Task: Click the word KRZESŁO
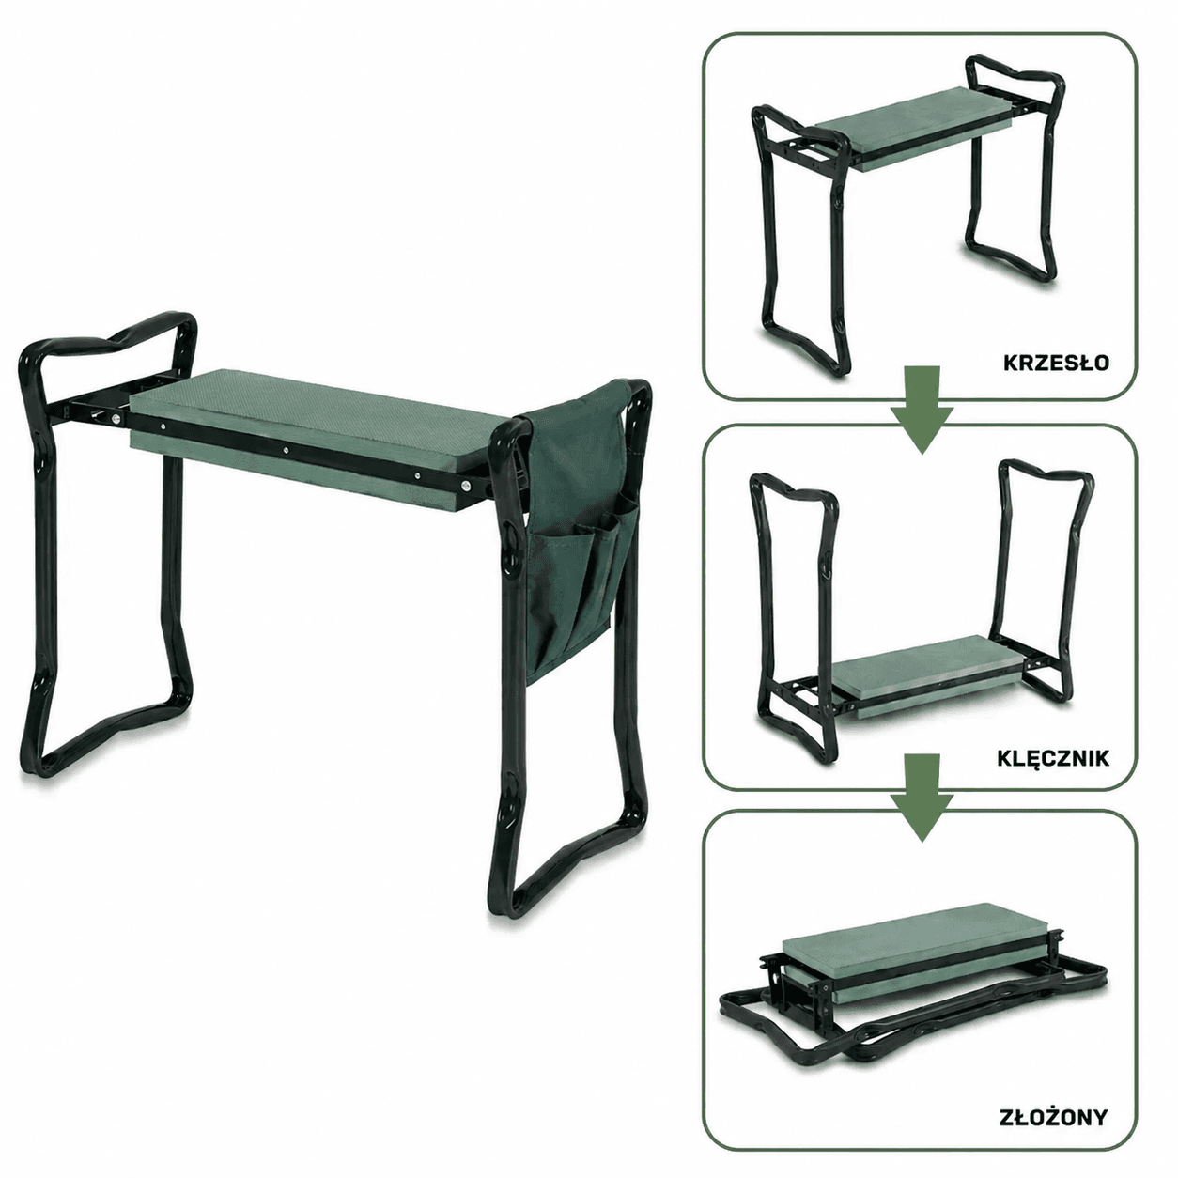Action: point(1056,363)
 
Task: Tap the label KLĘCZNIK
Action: point(1052,758)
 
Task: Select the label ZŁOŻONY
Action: point(1053,1117)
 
